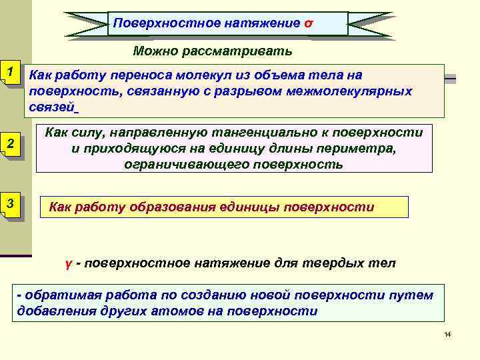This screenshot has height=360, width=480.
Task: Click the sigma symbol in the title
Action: coord(307,23)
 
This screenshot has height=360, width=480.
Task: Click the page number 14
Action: coord(447,334)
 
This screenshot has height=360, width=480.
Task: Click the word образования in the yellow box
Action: coord(164,207)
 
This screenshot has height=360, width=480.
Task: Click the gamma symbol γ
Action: coord(67,264)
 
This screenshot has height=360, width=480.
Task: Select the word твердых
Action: coord(342,263)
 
